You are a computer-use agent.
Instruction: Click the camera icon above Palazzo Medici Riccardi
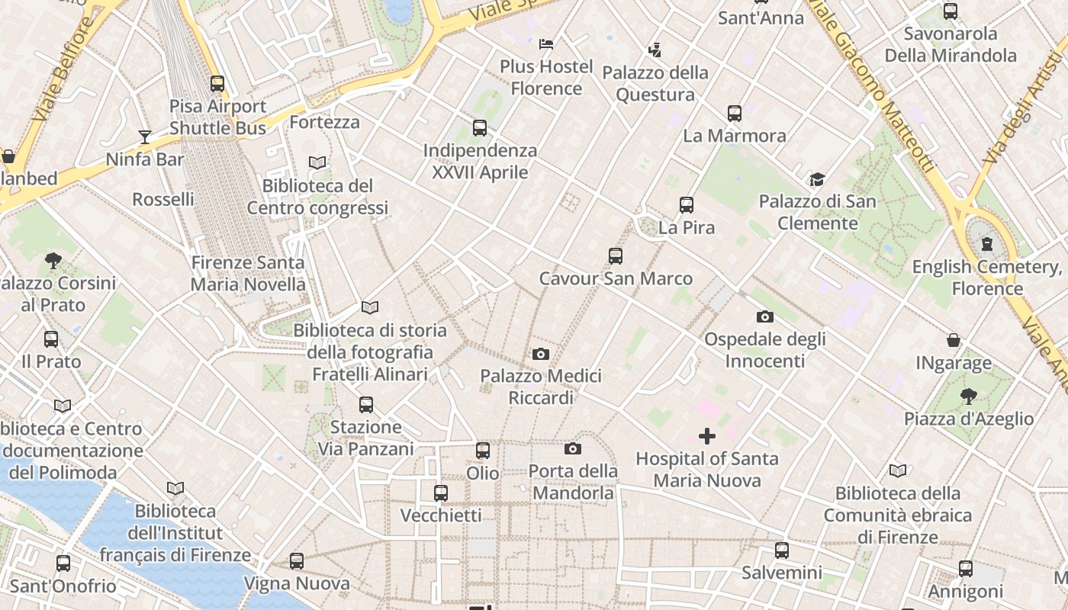pos(541,354)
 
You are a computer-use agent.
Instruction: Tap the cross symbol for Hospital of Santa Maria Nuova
pos(707,436)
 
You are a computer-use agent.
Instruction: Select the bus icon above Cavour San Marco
pos(616,256)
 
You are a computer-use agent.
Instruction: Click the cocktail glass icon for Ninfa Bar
pos(145,137)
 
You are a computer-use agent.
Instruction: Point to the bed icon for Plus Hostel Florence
pos(546,43)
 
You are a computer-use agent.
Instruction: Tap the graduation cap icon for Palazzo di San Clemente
pos(817,180)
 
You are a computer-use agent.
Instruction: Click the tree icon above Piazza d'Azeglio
pos(968,396)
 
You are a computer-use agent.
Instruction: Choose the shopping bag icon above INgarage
pos(954,340)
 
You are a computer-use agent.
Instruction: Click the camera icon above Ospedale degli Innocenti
pos(764,316)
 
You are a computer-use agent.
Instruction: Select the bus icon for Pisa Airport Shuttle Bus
pos(217,84)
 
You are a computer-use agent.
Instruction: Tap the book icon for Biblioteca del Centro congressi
pos(317,163)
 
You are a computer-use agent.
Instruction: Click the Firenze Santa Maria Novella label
pos(248,274)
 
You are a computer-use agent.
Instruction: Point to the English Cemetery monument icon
pos(987,245)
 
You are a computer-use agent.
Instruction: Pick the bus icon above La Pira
pos(687,205)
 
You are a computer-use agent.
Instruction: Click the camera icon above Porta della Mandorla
pos(573,448)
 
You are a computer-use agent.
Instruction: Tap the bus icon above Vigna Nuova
pos(297,561)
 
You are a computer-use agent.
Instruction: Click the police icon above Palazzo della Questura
pos(655,50)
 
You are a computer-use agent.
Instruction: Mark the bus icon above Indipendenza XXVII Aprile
pos(480,128)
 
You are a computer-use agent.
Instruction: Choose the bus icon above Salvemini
pos(782,551)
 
